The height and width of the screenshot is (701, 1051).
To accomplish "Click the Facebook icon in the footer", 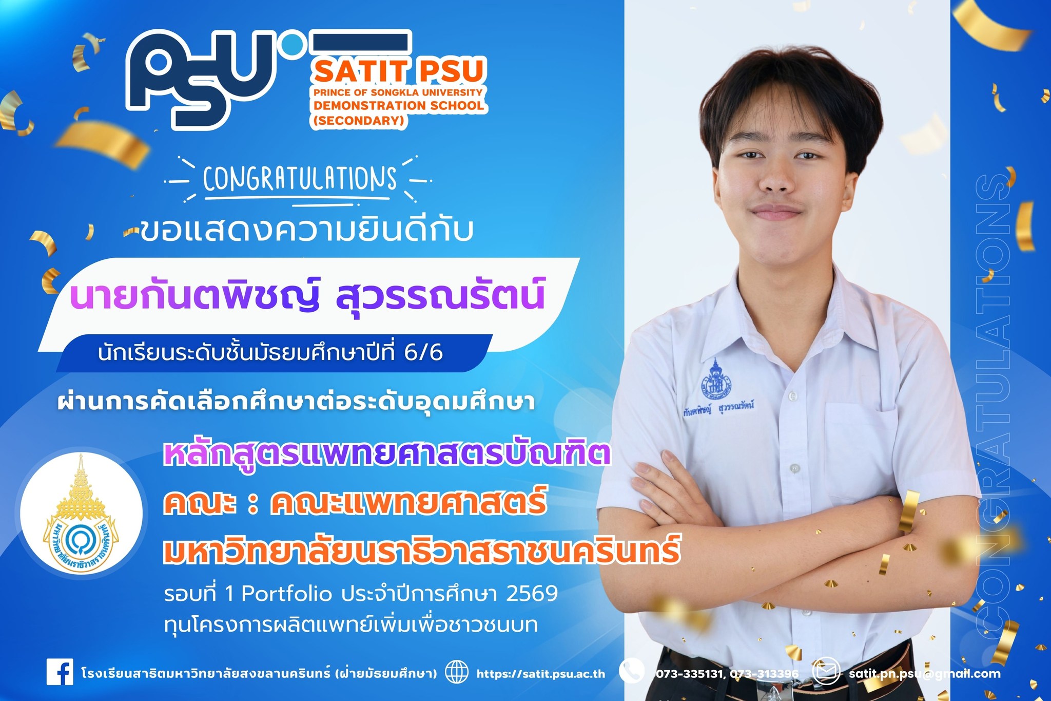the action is pos(60,672).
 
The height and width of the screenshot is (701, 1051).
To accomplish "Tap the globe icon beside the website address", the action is pos(456,672).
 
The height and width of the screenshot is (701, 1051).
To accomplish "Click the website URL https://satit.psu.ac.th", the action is pos(540,674).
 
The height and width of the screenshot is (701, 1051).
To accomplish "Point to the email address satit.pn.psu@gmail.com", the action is pos(924,674).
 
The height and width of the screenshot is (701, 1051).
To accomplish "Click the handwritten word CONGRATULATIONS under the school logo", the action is pos(300,179).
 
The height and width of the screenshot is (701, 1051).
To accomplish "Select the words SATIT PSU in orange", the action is pos(399,71).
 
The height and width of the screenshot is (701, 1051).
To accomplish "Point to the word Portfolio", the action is pos(286,594).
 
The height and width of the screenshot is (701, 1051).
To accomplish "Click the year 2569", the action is pos(532,594).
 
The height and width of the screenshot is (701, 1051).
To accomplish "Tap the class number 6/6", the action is pos(423,353).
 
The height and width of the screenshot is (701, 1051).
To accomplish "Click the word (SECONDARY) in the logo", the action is pos(359,121).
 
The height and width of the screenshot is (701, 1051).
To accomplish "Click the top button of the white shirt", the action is pos(792,396).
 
